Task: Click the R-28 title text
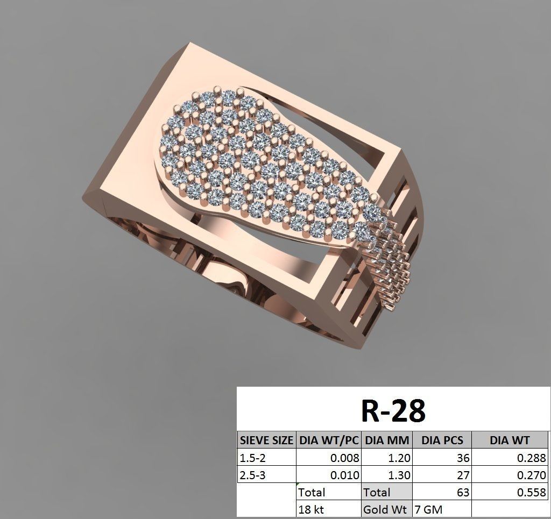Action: point(392,411)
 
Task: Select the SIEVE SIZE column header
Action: point(266,440)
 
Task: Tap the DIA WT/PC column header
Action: point(328,440)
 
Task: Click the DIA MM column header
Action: point(387,440)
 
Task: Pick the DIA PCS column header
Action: point(442,440)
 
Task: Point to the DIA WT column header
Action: point(509,440)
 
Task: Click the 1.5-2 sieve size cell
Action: point(253,458)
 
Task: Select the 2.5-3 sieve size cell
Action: point(253,475)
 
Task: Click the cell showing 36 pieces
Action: point(462,458)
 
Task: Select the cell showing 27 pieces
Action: point(462,475)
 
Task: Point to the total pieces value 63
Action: point(462,492)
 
